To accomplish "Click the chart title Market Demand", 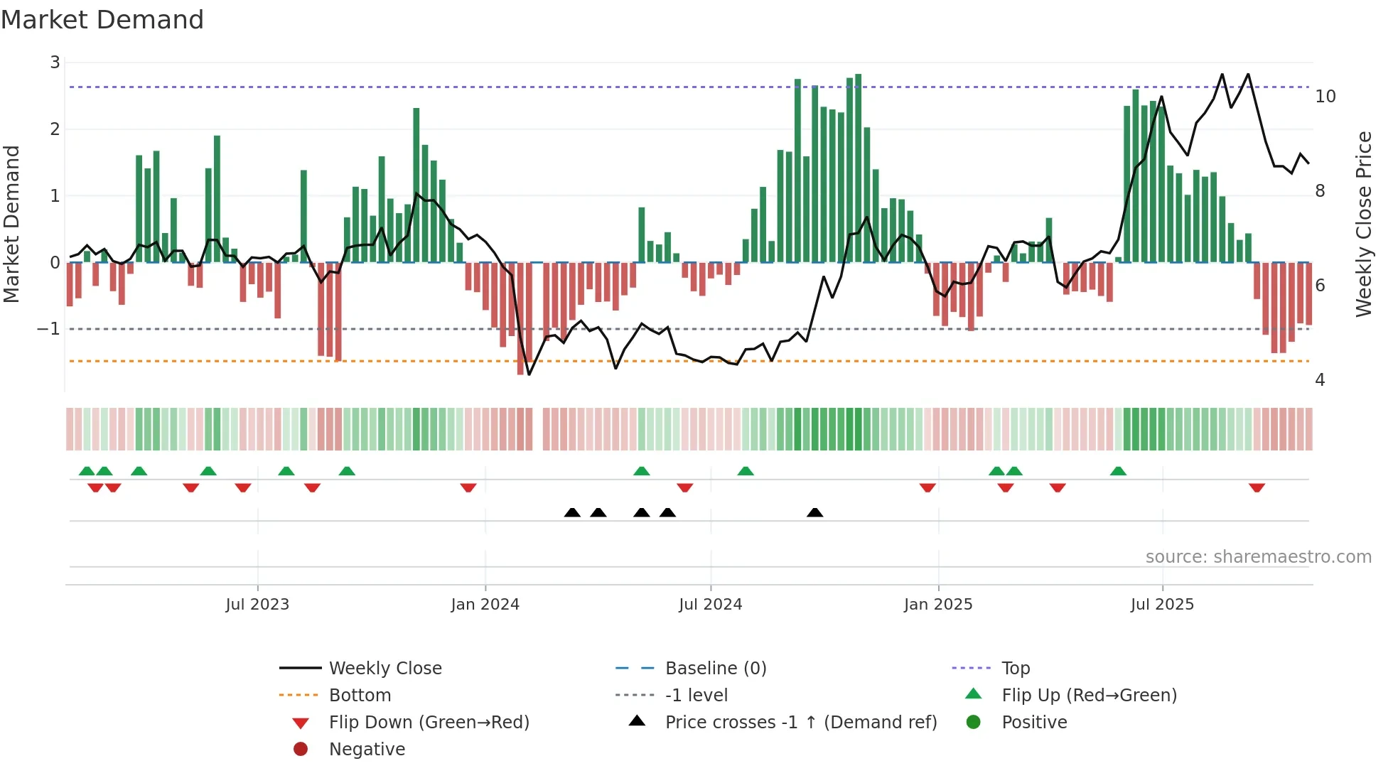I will pos(102,20).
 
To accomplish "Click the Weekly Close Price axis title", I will pos(1363,224).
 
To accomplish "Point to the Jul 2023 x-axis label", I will pos(257,605).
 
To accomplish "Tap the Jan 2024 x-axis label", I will pos(485,605).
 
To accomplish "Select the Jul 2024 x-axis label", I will pos(710,605).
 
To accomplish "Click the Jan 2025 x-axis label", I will pos(938,605).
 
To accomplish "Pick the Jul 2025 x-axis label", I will pos(1162,605).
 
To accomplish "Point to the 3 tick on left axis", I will pos(55,63).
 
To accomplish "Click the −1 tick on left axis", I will pos(48,329).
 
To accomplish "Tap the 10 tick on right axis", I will pos(1325,97).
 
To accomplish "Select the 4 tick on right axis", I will pos(1320,380).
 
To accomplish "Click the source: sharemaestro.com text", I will pos(1258,557).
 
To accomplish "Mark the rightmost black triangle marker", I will pos(815,513).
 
